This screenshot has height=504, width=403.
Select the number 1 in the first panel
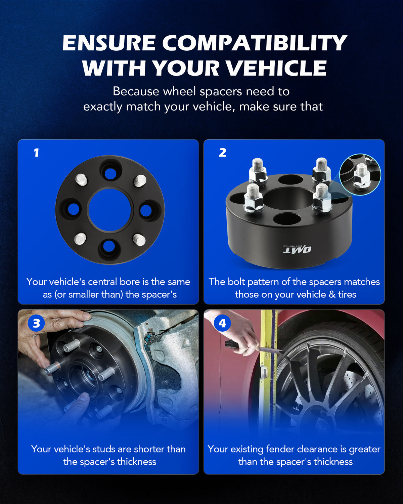point(36,153)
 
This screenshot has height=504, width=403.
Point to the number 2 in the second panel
point(222,153)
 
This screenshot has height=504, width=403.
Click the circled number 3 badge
point(36,323)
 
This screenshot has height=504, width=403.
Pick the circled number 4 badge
point(222,323)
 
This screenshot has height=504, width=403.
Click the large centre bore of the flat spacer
point(109,210)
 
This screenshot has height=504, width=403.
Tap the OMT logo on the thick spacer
point(297,249)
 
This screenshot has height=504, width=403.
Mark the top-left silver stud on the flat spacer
point(81,180)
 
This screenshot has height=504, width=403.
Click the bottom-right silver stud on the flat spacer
point(139,240)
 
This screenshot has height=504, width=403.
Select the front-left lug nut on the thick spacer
point(254,200)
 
